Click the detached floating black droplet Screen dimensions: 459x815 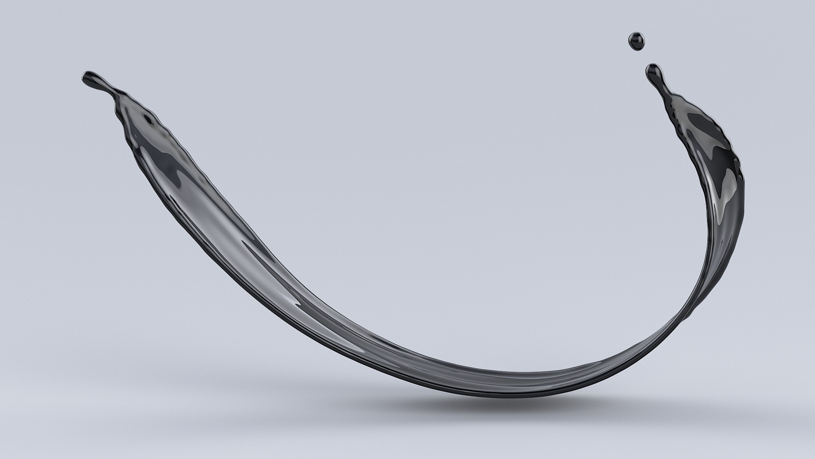pos(636,41)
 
